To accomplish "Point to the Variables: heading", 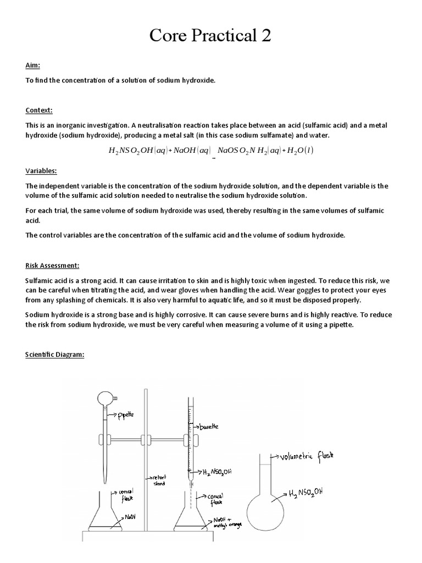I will pyautogui.click(x=41, y=171).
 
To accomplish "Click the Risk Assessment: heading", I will pyautogui.click(x=52, y=266).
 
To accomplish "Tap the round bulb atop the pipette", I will pyautogui.click(x=105, y=398).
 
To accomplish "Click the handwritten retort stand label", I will pyautogui.click(x=159, y=479).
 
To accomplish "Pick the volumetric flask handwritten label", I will pyautogui.click(x=306, y=456).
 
